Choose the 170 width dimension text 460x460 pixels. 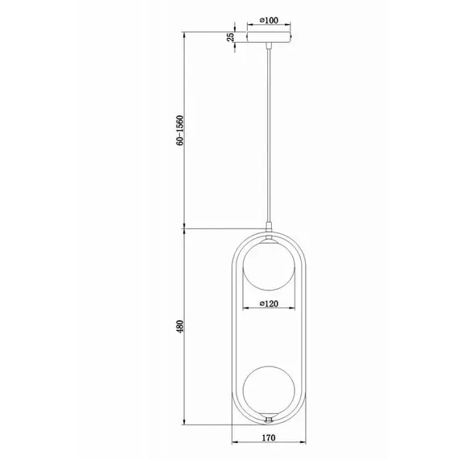[x=269, y=439]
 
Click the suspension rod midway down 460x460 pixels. [x=268, y=137]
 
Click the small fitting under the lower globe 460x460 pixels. [x=268, y=419]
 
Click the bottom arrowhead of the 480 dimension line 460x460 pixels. [x=187, y=423]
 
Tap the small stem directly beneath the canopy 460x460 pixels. [x=268, y=48]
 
